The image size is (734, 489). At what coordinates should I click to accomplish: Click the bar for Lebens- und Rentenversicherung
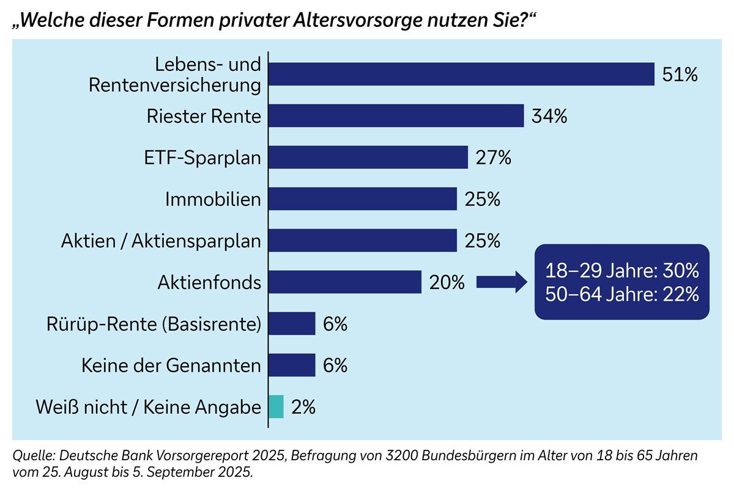click(x=462, y=75)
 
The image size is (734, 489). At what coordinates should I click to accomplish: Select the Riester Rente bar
click(x=396, y=116)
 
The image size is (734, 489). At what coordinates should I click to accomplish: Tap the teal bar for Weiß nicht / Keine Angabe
click(x=276, y=406)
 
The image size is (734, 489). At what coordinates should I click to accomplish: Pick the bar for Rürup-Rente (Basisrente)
click(x=292, y=323)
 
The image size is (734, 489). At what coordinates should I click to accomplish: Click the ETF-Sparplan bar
click(x=368, y=157)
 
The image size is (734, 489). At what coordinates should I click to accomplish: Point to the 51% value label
click(x=680, y=75)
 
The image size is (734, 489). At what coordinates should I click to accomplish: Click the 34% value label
click(x=549, y=116)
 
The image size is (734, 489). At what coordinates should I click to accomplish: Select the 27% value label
click(x=493, y=158)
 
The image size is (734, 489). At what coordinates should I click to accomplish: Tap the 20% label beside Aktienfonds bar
click(x=447, y=282)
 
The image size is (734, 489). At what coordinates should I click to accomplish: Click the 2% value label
click(x=303, y=407)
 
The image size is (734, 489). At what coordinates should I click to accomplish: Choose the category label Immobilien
click(x=213, y=199)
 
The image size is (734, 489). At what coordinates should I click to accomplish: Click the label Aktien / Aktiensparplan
click(x=161, y=241)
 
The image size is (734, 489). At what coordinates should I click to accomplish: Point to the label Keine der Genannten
click(x=171, y=366)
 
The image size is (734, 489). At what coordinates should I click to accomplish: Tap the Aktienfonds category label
click(x=209, y=282)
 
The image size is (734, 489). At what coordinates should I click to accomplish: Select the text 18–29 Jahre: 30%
click(x=621, y=271)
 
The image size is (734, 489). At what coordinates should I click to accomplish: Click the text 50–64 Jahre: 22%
click(x=621, y=294)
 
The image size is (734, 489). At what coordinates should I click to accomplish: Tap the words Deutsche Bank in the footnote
click(x=95, y=456)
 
